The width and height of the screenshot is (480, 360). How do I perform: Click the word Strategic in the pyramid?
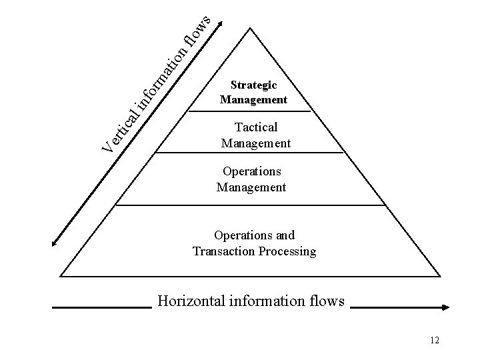click(x=253, y=85)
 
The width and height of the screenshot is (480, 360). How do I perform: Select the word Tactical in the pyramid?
click(x=256, y=127)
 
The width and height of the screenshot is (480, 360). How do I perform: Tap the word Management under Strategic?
click(x=253, y=100)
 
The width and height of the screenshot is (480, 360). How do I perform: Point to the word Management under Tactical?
click(x=256, y=143)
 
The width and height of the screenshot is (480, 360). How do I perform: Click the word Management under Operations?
click(x=251, y=187)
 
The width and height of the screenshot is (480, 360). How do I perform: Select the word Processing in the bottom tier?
click(x=286, y=251)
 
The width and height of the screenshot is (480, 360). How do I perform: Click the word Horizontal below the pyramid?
click(x=186, y=301)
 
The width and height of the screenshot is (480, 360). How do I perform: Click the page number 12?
click(x=435, y=341)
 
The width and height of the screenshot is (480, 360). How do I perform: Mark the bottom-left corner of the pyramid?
click(x=61, y=275)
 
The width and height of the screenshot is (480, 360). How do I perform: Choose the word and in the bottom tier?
click(x=284, y=235)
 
